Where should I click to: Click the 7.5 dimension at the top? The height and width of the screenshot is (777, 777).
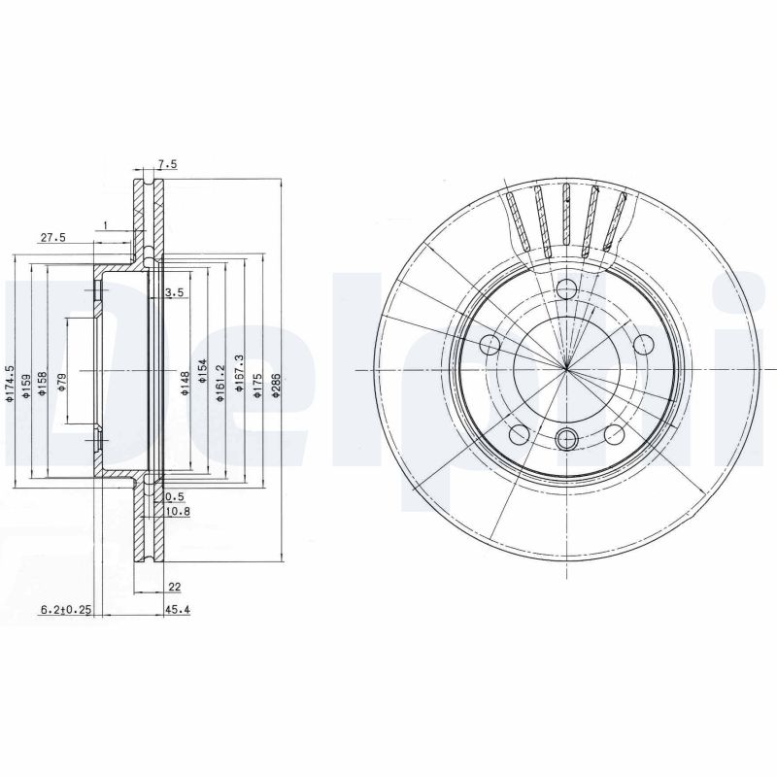(x=167, y=165)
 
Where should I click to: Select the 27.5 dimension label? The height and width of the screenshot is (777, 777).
(x=52, y=237)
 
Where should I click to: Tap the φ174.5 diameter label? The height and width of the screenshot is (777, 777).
(x=11, y=383)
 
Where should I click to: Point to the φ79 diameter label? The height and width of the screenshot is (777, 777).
(x=62, y=382)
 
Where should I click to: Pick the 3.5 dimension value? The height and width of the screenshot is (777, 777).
(x=175, y=291)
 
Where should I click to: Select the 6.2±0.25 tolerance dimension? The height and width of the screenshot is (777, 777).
(x=65, y=610)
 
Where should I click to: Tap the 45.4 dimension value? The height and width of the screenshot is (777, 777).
(x=177, y=610)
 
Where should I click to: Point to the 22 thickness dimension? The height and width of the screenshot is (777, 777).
(x=174, y=587)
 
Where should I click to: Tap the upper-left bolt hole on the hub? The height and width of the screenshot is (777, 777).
(x=490, y=345)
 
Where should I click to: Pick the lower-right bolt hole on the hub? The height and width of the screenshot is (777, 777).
(x=614, y=434)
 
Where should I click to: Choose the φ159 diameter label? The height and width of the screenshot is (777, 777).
(x=27, y=382)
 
